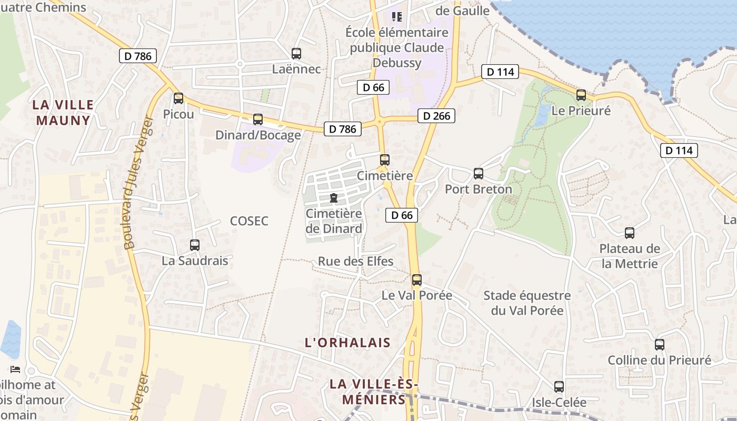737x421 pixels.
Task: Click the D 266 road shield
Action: point(436,116)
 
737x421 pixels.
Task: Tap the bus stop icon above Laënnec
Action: point(296,53)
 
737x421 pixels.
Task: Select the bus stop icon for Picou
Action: point(178,98)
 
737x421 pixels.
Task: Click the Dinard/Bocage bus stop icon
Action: point(258,119)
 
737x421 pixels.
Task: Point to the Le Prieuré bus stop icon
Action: point(581,95)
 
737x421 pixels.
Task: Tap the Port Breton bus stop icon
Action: point(479,173)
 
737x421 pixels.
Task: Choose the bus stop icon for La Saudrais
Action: point(195,245)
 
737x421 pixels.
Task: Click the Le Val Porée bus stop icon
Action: point(417,279)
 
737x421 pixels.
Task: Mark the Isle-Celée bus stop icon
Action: point(559,387)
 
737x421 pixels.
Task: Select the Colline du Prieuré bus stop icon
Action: point(660,345)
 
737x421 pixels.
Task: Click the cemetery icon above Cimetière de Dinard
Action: point(333,198)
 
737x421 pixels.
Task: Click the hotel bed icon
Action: point(15,369)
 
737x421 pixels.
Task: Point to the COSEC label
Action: point(249,221)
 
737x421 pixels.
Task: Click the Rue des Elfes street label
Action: point(356,262)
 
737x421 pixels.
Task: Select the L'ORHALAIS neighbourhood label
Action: point(348,343)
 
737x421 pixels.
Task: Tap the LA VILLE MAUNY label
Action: point(63,112)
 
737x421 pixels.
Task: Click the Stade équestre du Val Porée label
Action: point(527,303)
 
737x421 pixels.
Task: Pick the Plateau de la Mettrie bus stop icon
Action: point(630,233)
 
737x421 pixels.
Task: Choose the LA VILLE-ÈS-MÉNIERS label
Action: point(374,392)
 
